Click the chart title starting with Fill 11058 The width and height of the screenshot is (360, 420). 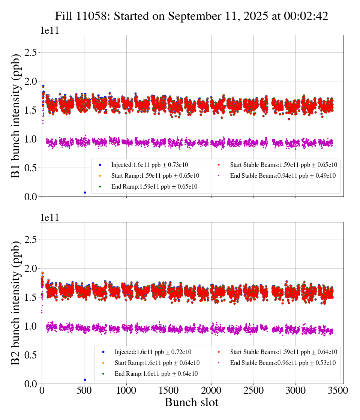point(191,16)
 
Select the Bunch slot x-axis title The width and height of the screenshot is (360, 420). point(191,403)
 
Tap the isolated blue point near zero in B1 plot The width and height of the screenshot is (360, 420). point(85,192)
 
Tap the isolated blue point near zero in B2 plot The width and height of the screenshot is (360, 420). point(85,379)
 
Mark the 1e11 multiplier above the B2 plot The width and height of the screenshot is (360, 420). point(49,218)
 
